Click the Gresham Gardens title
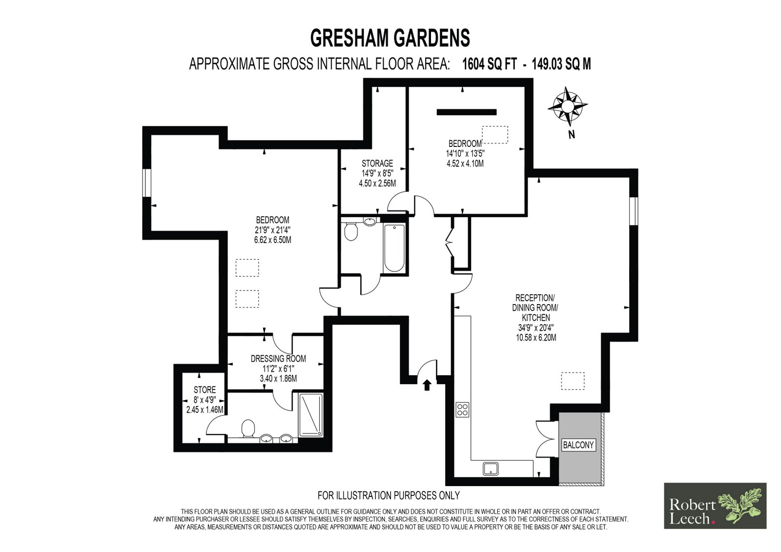tap(390, 38)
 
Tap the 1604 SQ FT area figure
tap(489, 64)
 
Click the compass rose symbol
tap(568, 106)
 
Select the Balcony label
tap(578, 445)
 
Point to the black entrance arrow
tap(427, 385)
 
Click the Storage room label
tap(377, 163)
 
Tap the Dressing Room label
tap(278, 358)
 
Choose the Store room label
tap(205, 389)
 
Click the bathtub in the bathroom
tap(394, 248)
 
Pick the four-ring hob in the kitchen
tap(462, 409)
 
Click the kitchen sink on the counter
tap(491, 469)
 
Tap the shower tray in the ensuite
tap(311, 415)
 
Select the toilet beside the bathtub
tap(351, 232)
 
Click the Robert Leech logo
tap(715, 506)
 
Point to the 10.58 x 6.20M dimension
tap(536, 338)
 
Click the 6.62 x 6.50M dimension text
tap(273, 240)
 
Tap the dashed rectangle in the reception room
tap(573, 381)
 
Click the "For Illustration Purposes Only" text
tap(389, 495)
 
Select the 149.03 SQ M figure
tap(561, 64)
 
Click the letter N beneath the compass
tap(572, 135)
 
